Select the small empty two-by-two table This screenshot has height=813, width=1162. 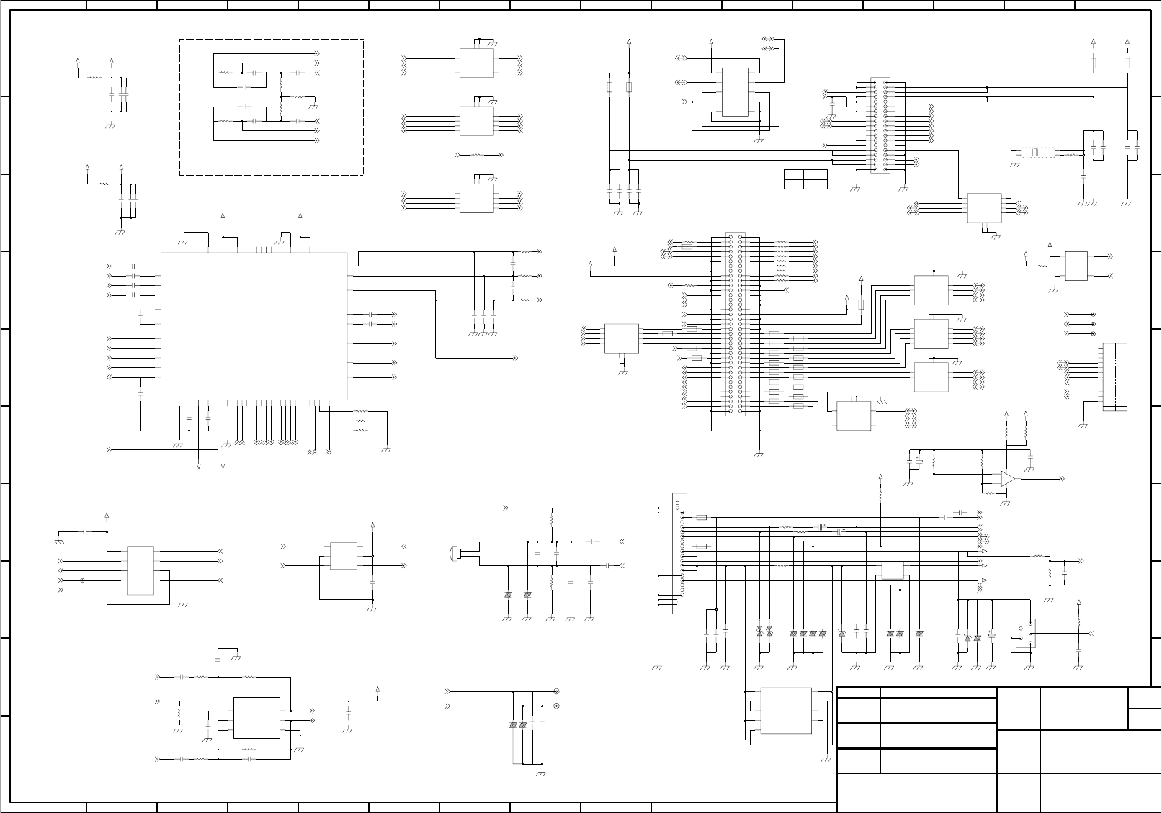tap(805, 179)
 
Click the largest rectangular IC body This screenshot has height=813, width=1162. tap(254, 325)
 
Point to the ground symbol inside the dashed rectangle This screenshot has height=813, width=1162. tap(313, 106)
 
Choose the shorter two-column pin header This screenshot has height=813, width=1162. tap(880, 125)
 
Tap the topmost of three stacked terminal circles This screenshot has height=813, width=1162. tap(1094, 315)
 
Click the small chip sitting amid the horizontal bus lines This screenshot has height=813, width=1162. tap(893, 570)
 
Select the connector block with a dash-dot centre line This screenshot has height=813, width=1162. tap(1114, 377)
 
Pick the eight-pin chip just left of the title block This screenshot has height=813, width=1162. tap(785, 711)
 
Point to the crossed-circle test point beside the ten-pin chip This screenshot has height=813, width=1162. tap(82, 580)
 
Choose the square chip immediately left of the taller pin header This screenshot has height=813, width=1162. tap(621, 338)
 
